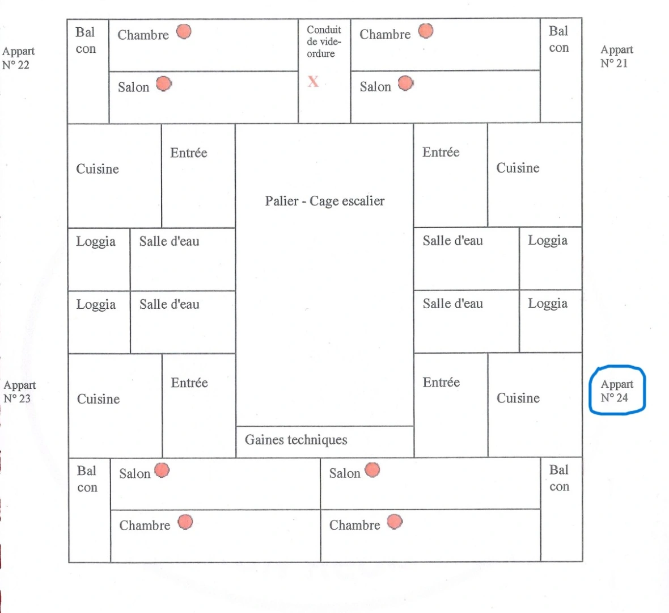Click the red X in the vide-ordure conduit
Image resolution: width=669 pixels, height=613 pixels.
coord(313,81)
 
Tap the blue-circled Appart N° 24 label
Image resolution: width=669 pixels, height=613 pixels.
coord(617,391)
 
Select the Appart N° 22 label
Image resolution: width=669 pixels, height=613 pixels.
coord(18,58)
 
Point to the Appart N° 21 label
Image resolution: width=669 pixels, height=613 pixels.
coord(616,56)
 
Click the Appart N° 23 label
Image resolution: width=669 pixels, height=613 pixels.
coord(19,392)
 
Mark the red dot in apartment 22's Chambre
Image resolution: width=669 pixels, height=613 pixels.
coord(184,32)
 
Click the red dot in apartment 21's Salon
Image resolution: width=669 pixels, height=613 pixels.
coord(405,84)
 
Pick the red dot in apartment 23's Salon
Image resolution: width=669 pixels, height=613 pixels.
coord(162,471)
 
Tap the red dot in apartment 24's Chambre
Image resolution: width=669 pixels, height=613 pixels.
coord(395,522)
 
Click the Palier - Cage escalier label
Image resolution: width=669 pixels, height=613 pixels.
coord(324,201)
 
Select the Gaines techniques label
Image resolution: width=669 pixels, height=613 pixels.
coord(296,440)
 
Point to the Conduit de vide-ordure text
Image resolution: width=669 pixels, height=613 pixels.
coord(324,41)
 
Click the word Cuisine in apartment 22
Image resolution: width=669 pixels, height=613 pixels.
coord(98,169)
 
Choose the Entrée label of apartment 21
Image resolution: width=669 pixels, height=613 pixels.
coord(441,152)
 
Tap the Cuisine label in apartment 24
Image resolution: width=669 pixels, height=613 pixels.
coord(518,398)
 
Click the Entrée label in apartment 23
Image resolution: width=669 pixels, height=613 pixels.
coord(189,383)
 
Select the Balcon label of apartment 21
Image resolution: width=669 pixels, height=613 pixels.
coord(558,39)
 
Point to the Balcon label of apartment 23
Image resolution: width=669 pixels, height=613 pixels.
coord(87,479)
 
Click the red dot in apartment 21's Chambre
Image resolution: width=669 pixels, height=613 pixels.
coord(426,31)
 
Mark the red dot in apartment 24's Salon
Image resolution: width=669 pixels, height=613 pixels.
coord(372,470)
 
